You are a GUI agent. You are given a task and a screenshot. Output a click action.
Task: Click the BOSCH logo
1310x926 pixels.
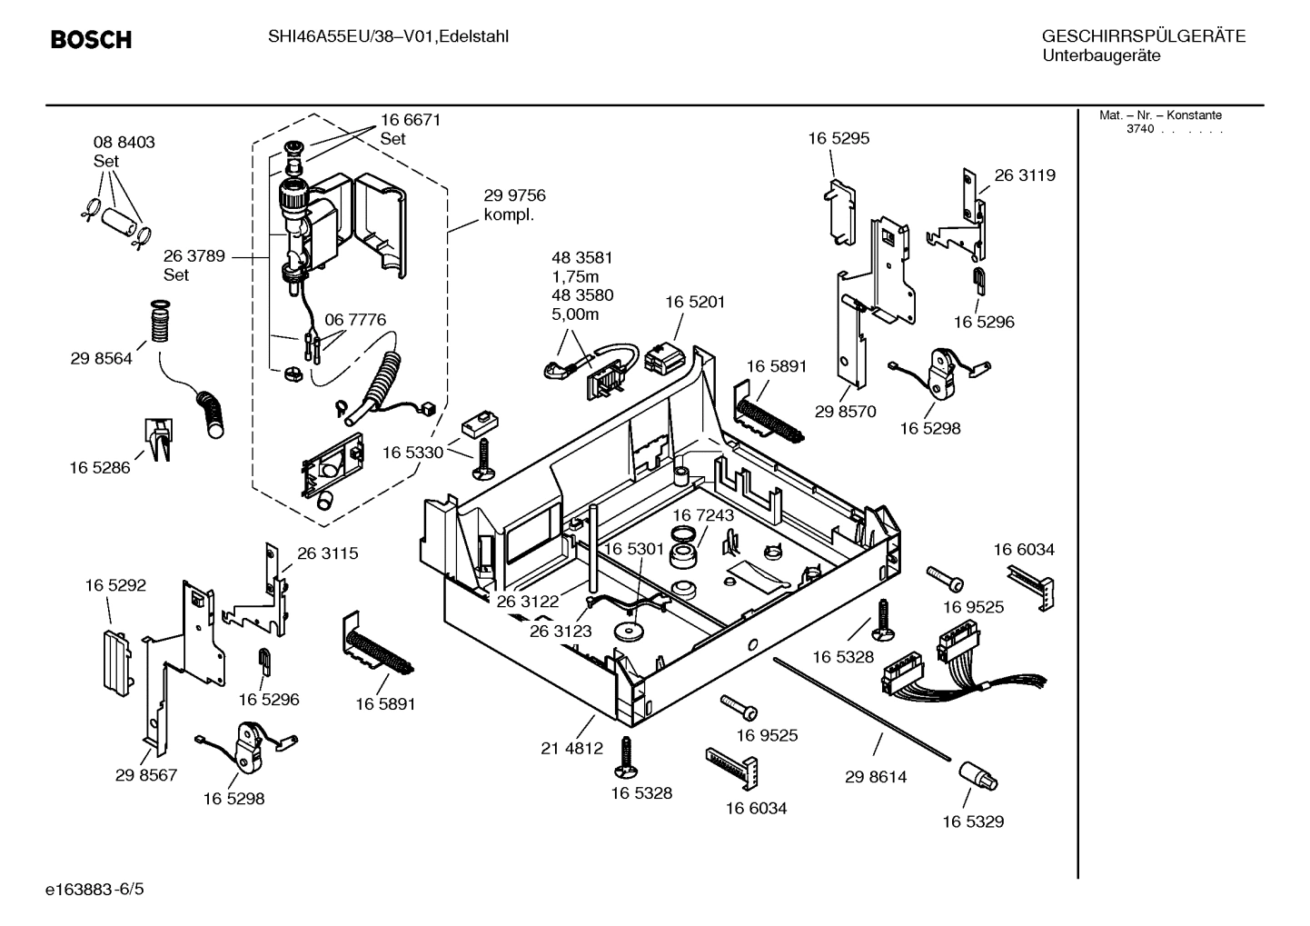pyautogui.click(x=91, y=39)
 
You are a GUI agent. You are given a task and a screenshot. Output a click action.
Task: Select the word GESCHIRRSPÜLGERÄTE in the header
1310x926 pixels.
pyautogui.click(x=1143, y=37)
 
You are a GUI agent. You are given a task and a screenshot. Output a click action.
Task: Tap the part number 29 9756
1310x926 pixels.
pyautogui.click(x=514, y=195)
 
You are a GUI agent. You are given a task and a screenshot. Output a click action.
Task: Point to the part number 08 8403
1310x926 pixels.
pyautogui.click(x=124, y=143)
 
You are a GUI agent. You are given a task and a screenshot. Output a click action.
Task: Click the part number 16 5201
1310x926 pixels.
pyautogui.click(x=695, y=302)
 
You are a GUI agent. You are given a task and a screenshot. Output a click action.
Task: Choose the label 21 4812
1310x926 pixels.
pyautogui.click(x=571, y=749)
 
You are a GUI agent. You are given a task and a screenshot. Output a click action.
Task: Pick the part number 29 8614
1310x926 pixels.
pyautogui.click(x=876, y=777)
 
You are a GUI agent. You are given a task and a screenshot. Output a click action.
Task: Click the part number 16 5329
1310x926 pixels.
pyautogui.click(x=973, y=821)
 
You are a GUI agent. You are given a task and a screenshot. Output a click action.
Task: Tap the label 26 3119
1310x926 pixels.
pyautogui.click(x=1025, y=175)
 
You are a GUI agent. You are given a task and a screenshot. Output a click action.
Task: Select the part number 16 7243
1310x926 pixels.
pyautogui.click(x=703, y=515)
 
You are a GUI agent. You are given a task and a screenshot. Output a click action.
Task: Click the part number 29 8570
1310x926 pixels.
pyautogui.click(x=845, y=412)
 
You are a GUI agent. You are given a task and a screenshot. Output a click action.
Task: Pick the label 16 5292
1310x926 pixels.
pyautogui.click(x=115, y=586)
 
